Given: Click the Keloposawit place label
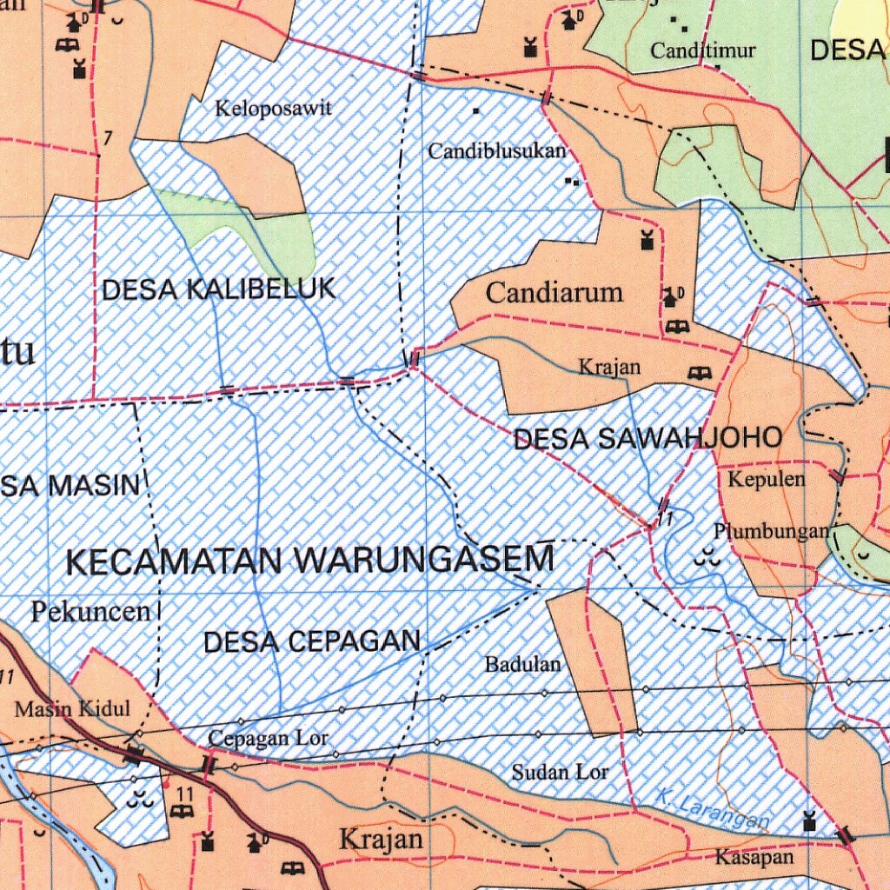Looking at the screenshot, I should coord(274,110).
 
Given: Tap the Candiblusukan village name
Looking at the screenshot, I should coord(496,151).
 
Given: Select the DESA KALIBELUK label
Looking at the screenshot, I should coord(218,289).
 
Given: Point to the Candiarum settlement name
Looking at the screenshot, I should coord(554,293).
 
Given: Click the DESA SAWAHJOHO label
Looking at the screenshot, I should coord(648,439).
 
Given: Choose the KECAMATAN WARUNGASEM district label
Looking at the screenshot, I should coord(310,561).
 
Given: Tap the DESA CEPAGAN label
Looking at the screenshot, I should coord(311,642).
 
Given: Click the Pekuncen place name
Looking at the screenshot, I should coord(91,612).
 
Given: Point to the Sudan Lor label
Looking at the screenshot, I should coord(560,771).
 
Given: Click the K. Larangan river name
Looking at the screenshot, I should coord(712,808).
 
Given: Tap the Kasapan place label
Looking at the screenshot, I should coord(754,858).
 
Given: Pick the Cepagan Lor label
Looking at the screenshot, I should coord(268,739).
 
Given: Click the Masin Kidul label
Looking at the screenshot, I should coord(72,709).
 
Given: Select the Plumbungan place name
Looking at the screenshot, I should coord(771,531).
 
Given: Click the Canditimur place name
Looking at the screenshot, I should coord(702,50).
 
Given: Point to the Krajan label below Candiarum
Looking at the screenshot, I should coord(609,368).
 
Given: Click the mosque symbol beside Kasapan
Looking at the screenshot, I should coord(809,820).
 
